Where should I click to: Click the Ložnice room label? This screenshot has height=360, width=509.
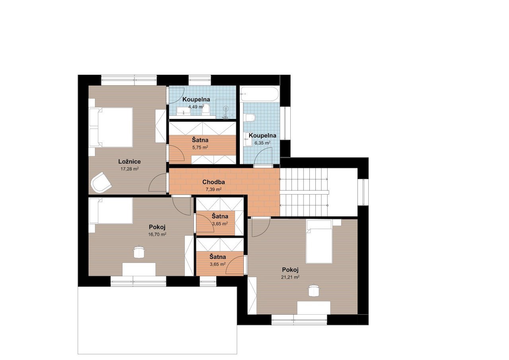tap(129, 162)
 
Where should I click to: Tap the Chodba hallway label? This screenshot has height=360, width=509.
tap(214, 182)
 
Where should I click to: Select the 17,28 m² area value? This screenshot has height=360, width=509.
tap(130, 169)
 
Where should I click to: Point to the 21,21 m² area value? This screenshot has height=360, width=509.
tap(290, 277)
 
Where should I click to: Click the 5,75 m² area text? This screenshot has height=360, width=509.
tap(200, 147)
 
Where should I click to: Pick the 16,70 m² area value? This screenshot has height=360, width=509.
tap(157, 234)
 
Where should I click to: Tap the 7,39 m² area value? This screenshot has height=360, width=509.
tap(214, 189)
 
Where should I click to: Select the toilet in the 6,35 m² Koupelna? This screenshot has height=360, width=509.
tap(250, 118)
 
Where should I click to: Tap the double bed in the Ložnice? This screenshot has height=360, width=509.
tap(111, 127)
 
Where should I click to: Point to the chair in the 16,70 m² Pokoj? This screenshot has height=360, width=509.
tap(139, 252)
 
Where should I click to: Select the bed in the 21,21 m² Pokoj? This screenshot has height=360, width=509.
tap(319, 241)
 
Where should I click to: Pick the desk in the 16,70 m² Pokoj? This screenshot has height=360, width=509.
tap(139, 270)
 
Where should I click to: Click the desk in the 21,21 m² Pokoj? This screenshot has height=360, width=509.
tap(314, 308)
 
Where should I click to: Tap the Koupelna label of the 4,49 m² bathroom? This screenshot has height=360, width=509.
tap(196, 99)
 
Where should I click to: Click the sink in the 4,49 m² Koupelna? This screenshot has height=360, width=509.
tap(184, 111)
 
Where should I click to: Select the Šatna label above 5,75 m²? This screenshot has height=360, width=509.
tap(200, 140)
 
